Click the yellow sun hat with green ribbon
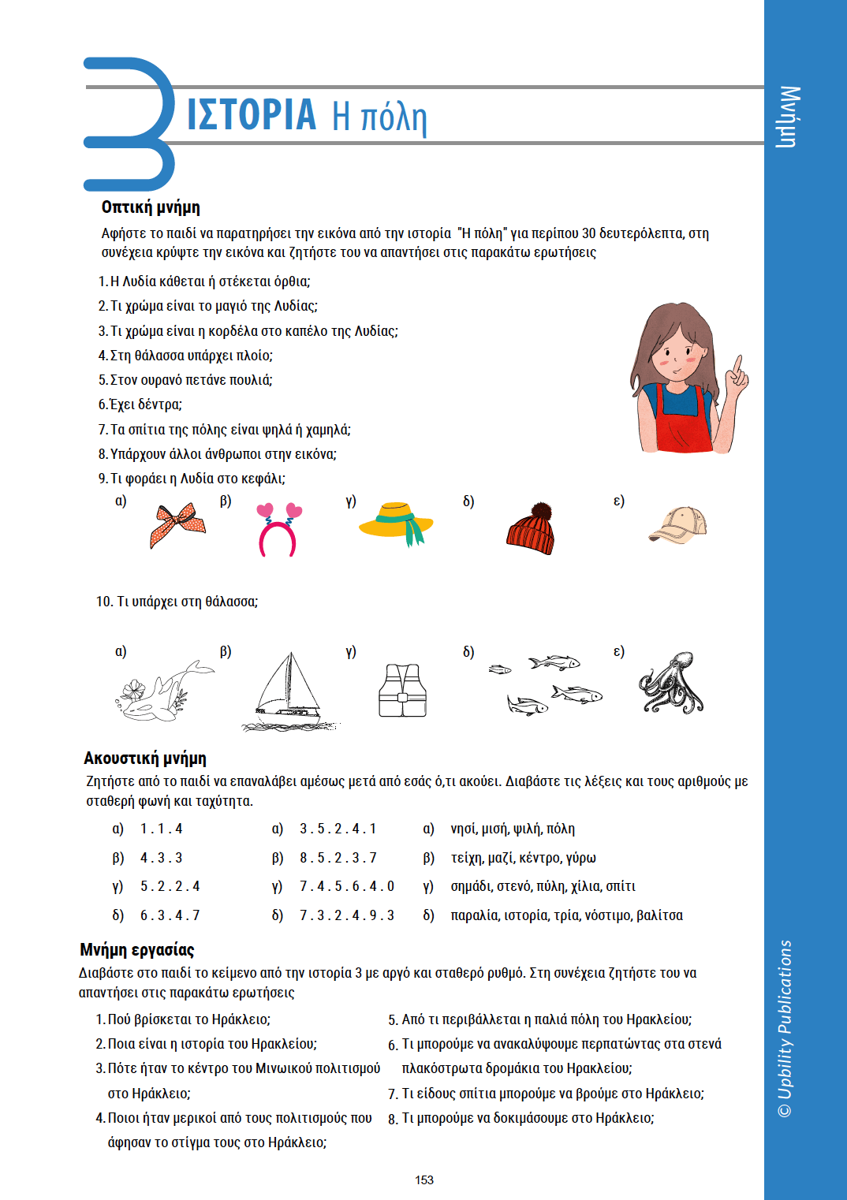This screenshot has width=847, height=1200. tap(397, 523)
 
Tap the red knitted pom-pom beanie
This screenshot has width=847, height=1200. tap(531, 529)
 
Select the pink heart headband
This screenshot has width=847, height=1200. tap(278, 530)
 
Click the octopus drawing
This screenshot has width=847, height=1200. tap(671, 683)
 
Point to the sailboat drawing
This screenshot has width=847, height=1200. tap(289, 691)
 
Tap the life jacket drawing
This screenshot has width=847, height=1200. tap(402, 690)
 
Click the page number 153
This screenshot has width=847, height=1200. tap(424, 1180)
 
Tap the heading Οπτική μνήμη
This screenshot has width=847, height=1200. tap(151, 207)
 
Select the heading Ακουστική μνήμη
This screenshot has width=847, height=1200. tap(145, 758)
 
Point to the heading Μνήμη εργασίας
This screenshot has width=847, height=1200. tap(137, 950)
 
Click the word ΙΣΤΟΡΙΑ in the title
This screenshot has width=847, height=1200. tap(252, 115)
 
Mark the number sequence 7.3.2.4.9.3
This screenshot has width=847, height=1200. tap(347, 915)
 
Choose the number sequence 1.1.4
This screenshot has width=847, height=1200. tap(162, 829)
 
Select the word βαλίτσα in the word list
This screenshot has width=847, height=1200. tap(660, 915)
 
